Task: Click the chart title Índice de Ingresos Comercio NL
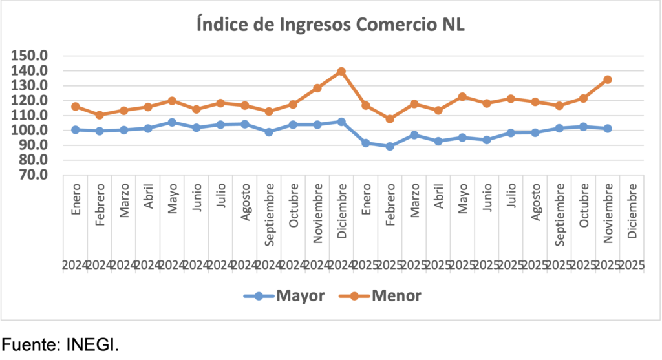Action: click(x=330, y=25)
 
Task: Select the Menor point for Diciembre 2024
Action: click(x=341, y=71)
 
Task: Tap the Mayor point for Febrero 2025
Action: click(x=390, y=146)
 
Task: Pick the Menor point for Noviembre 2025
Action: click(x=608, y=79)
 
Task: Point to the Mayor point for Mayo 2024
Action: click(x=172, y=122)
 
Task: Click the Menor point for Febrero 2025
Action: click(x=390, y=119)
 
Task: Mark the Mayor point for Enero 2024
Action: click(x=76, y=130)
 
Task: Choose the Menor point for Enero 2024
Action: click(x=76, y=107)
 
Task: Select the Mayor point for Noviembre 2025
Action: click(x=608, y=129)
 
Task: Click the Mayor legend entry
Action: click(x=284, y=296)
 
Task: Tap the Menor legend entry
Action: click(x=381, y=296)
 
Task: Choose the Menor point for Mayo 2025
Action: click(x=463, y=96)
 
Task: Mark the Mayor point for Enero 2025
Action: click(x=366, y=143)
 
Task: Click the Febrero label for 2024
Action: click(x=100, y=207)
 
